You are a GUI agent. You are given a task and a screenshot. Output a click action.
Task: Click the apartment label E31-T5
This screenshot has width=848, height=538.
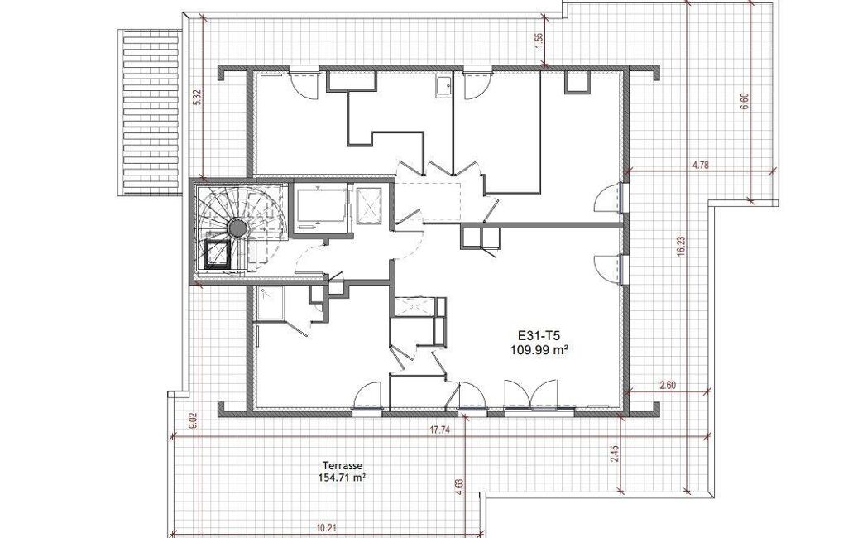click(x=539, y=337)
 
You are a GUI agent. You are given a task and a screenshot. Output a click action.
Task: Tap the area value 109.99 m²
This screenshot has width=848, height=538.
click(x=539, y=350)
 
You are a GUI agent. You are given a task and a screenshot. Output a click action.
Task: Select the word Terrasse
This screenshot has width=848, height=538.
click(x=343, y=465)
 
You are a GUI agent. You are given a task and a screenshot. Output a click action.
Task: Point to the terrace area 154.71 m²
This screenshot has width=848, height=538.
click(x=343, y=478)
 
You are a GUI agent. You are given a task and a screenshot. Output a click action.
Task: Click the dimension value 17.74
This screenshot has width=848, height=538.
click(x=440, y=430)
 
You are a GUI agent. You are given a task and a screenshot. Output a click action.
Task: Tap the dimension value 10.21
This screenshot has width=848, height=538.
click(x=327, y=526)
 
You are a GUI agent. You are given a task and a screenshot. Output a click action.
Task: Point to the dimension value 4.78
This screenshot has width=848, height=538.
click(x=701, y=166)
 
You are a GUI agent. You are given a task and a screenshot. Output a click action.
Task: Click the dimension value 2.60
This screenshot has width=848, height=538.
click(x=668, y=387)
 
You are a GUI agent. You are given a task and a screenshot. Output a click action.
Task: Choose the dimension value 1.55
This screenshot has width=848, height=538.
click(x=538, y=41)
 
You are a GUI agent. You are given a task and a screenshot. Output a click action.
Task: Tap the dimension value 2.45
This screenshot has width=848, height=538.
click(x=613, y=454)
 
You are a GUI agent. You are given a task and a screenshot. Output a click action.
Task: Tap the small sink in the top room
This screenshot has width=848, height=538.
click(x=444, y=87)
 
